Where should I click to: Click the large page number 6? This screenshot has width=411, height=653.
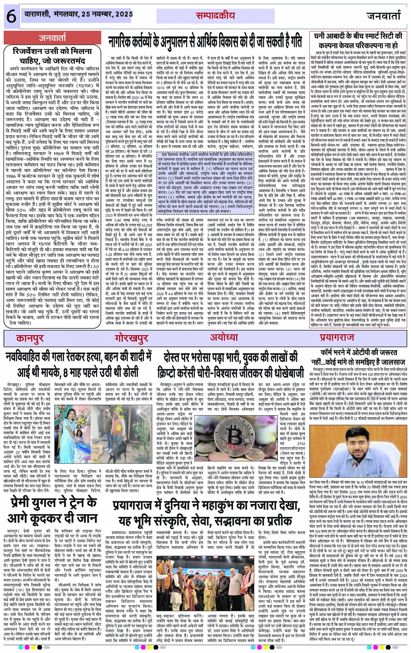tap(11, 17)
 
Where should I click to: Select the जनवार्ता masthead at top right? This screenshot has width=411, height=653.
tap(384, 16)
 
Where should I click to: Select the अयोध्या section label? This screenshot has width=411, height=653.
tap(224, 337)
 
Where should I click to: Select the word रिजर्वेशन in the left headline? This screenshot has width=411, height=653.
tap(32, 51)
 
